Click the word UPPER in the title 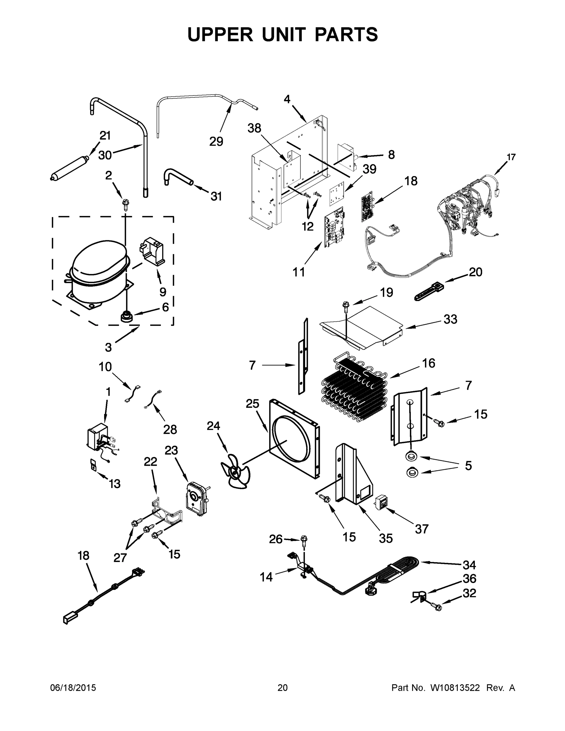pos(220,34)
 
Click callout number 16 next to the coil pos(429,363)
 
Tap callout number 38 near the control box pos(254,128)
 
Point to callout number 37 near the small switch pos(422,529)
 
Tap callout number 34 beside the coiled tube pos(469,565)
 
